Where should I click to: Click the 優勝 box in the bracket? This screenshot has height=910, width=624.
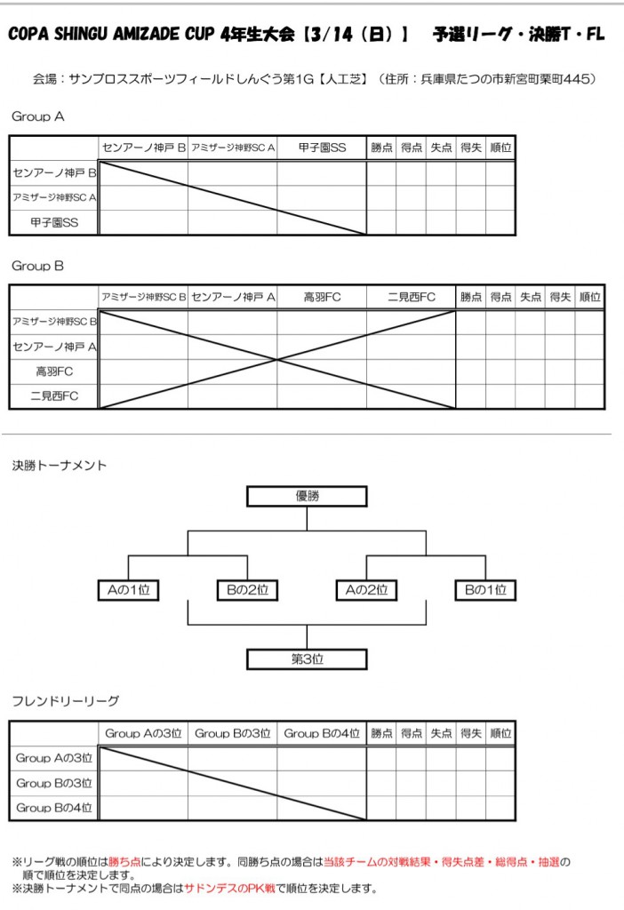coord(307,496)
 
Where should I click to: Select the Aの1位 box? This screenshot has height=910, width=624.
coord(128,589)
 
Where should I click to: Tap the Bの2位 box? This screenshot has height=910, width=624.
coord(247,589)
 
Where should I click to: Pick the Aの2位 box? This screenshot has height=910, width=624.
coord(366,589)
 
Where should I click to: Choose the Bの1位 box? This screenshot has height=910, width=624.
coord(485,589)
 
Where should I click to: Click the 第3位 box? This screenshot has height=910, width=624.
coord(307,659)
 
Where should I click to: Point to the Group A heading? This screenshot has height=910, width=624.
coord(37,116)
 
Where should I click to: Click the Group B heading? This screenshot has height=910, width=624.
coord(37,266)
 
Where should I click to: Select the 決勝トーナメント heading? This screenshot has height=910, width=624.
coord(59,465)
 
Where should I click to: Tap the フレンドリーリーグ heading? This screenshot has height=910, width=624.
coord(65,701)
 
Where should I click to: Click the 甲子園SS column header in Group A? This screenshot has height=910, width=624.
coord(322,148)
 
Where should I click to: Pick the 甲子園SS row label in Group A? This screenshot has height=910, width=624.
coord(54,223)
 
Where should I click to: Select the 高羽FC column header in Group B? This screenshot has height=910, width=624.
coord(322,297)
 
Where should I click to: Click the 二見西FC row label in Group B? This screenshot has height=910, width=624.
coord(54,396)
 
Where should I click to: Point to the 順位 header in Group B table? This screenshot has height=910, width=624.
coord(589,297)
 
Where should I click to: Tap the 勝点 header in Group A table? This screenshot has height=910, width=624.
coord(381,148)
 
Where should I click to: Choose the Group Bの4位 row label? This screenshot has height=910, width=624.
coord(54,808)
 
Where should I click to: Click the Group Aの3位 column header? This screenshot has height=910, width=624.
coord(143,733)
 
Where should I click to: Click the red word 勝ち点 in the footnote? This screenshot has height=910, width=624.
coord(124,861)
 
